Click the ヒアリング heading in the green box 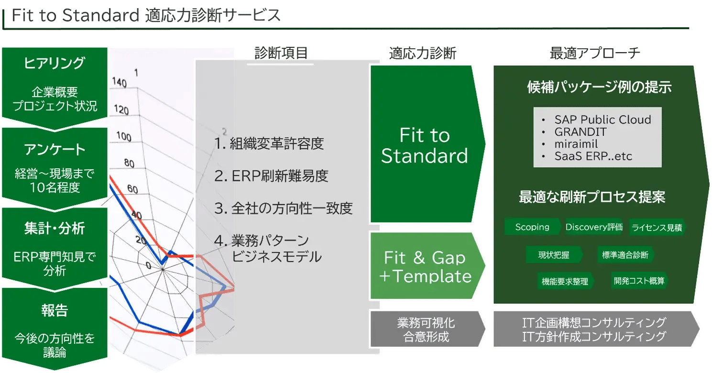point(55,63)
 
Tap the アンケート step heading point(55,150)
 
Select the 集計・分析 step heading point(55,229)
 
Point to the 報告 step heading point(55,311)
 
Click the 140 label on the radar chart point(120,83)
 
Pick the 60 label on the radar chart point(132,190)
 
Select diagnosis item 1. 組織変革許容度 point(270,143)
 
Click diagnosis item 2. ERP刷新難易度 point(271,176)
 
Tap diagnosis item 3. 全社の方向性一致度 point(283,208)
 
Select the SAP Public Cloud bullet point(602,120)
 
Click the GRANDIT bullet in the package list point(580,132)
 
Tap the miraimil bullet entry point(576,144)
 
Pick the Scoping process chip point(532,227)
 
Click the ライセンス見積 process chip point(657,228)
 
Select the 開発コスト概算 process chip point(639,281)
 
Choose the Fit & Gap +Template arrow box point(425,267)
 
